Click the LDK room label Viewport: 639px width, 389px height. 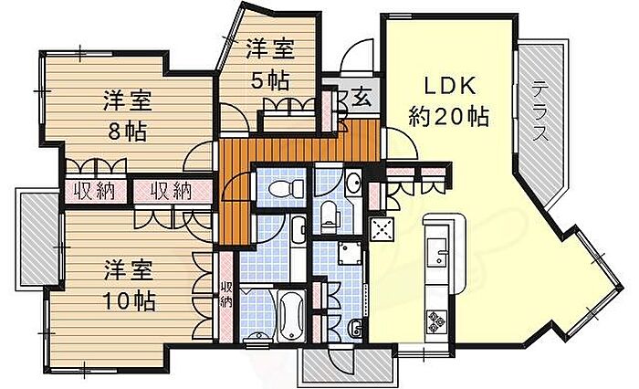pyautogui.click(x=450, y=87)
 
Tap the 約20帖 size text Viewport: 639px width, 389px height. pyautogui.click(x=449, y=116)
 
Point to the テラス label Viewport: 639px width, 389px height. pyautogui.click(x=540, y=110)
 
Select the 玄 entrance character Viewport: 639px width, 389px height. pyautogui.click(x=361, y=98)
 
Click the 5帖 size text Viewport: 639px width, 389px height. pyautogui.click(x=270, y=80)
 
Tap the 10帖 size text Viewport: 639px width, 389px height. pyautogui.click(x=129, y=301)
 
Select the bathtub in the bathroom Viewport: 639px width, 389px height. pyautogui.click(x=292, y=317)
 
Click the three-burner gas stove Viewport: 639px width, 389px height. pyautogui.click(x=436, y=321)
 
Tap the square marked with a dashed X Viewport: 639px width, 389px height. pyautogui.click(x=382, y=227)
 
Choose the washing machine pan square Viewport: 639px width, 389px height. pyautogui.click(x=350, y=253)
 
